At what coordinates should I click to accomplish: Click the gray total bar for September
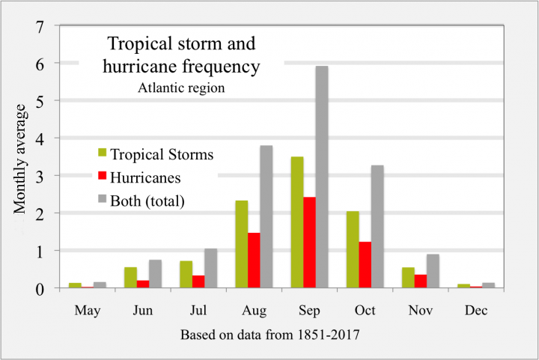[x=321, y=177]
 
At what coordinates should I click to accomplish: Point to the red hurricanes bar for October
[x=365, y=265]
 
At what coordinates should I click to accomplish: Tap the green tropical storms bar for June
[x=131, y=278]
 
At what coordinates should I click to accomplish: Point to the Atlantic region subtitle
[x=182, y=88]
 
